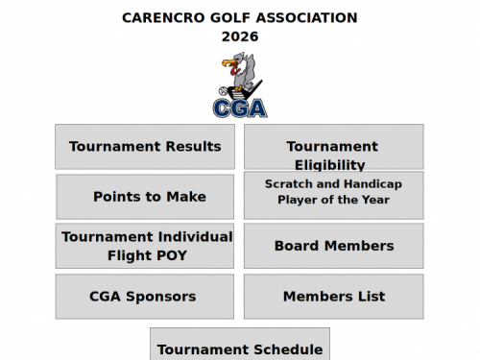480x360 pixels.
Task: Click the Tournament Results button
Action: click(x=145, y=147)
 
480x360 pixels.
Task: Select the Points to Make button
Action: click(x=145, y=197)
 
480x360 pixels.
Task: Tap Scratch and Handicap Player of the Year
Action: click(x=333, y=195)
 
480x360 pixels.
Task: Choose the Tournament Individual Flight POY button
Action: click(x=145, y=246)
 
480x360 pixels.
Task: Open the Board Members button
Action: click(x=333, y=246)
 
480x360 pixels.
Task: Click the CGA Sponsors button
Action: click(x=145, y=297)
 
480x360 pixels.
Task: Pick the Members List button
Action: click(x=333, y=297)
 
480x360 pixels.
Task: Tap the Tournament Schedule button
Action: click(x=239, y=348)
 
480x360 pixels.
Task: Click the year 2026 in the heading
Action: click(x=240, y=36)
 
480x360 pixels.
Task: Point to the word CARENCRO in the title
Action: click(x=161, y=17)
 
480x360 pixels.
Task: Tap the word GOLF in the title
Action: click(x=227, y=17)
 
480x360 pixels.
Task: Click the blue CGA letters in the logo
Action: click(x=240, y=107)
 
